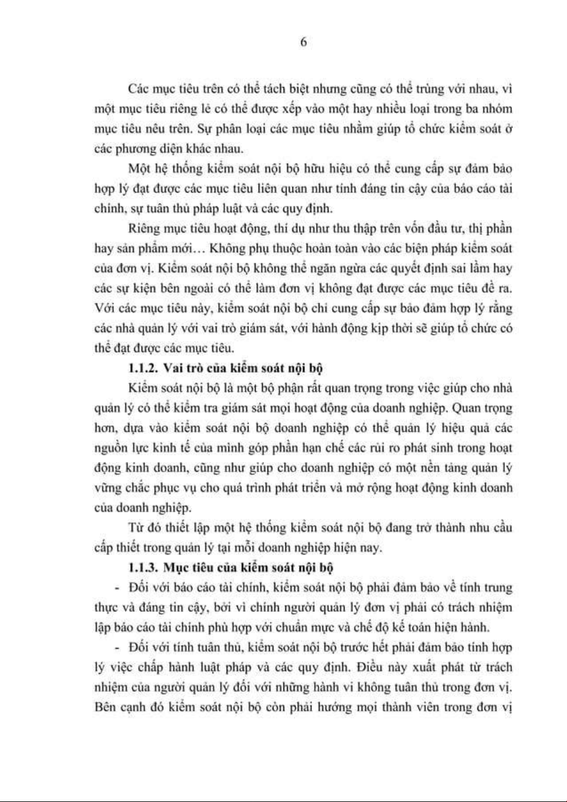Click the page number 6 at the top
[303, 42]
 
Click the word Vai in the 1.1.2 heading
[172, 368]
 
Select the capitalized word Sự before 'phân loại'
[231, 129]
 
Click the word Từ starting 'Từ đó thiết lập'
[136, 528]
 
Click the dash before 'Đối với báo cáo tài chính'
[117, 588]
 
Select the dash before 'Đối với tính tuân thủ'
[117, 647]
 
